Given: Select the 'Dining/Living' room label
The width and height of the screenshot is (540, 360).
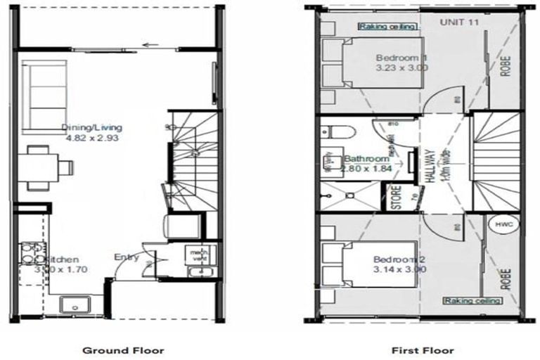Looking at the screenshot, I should click(x=91, y=128).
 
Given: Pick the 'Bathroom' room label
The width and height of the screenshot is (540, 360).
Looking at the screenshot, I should click(x=366, y=159).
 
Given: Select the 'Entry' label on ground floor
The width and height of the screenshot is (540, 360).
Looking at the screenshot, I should click(x=127, y=257).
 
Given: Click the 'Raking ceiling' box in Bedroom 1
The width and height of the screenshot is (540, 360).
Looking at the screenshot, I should click(x=388, y=27).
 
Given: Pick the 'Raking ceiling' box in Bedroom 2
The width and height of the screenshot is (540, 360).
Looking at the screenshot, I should click(x=472, y=300).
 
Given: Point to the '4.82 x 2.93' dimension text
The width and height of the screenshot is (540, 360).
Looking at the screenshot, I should click(x=91, y=139).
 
